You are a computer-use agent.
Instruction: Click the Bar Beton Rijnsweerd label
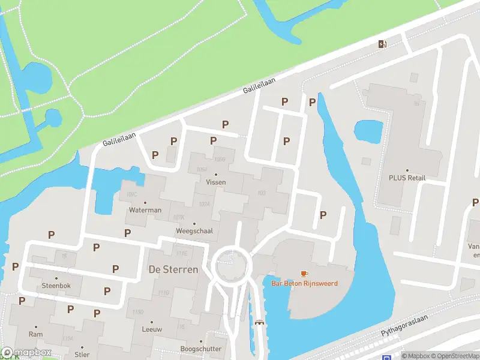[x=304, y=283]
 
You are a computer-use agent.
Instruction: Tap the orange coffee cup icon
[x=304, y=274]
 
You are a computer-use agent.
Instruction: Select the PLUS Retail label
[x=407, y=178]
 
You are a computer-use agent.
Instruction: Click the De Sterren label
[x=173, y=269]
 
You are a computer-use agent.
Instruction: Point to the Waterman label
[x=145, y=211]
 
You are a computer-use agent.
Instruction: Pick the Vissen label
[x=216, y=182]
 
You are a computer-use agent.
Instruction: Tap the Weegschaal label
[x=194, y=231]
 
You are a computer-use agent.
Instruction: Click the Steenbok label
[x=56, y=286]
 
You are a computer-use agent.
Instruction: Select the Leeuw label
[x=151, y=329]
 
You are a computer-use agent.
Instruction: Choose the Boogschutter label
[x=200, y=349]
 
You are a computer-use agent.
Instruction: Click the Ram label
[x=35, y=334]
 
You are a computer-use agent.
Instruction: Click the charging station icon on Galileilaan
[x=382, y=44]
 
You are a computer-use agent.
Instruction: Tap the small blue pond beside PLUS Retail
[x=368, y=130]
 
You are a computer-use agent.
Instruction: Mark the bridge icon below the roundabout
[x=260, y=322]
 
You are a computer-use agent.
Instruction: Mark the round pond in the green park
[x=32, y=75]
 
